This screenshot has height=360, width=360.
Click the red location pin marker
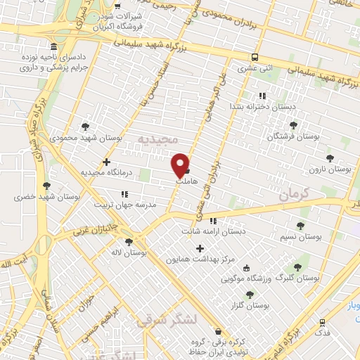[x=181, y=164]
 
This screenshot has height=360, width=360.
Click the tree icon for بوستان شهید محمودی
[x=86, y=127]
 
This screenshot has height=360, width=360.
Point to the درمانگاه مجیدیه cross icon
[x=106, y=162]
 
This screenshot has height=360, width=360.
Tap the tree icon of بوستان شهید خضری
[x=46, y=186]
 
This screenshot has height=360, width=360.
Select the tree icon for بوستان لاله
[x=129, y=242]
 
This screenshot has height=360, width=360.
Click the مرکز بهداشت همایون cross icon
[x=200, y=248]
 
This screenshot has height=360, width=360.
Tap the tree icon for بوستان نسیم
[x=300, y=226]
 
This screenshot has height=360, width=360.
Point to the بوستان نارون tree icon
[x=330, y=159]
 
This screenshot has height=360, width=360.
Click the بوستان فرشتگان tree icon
[x=293, y=125]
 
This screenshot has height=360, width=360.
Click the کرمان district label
[x=293, y=193]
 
